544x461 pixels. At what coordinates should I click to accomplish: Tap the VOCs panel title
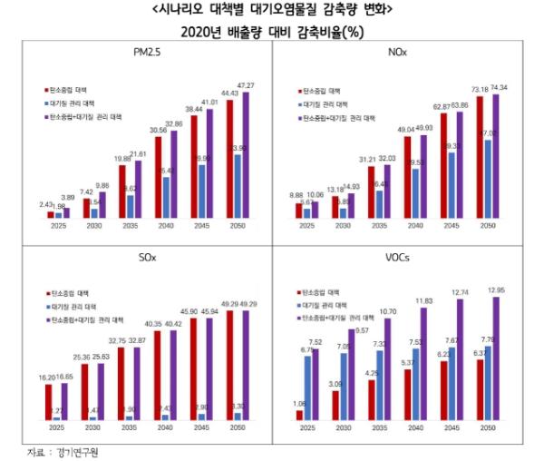(x=397, y=260)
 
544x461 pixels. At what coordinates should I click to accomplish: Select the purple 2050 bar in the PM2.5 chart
(x=244, y=154)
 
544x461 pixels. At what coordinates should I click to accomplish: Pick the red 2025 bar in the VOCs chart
(x=299, y=415)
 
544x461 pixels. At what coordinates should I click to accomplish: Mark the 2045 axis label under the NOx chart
(x=452, y=225)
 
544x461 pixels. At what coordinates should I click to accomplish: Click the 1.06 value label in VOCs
(x=299, y=403)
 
